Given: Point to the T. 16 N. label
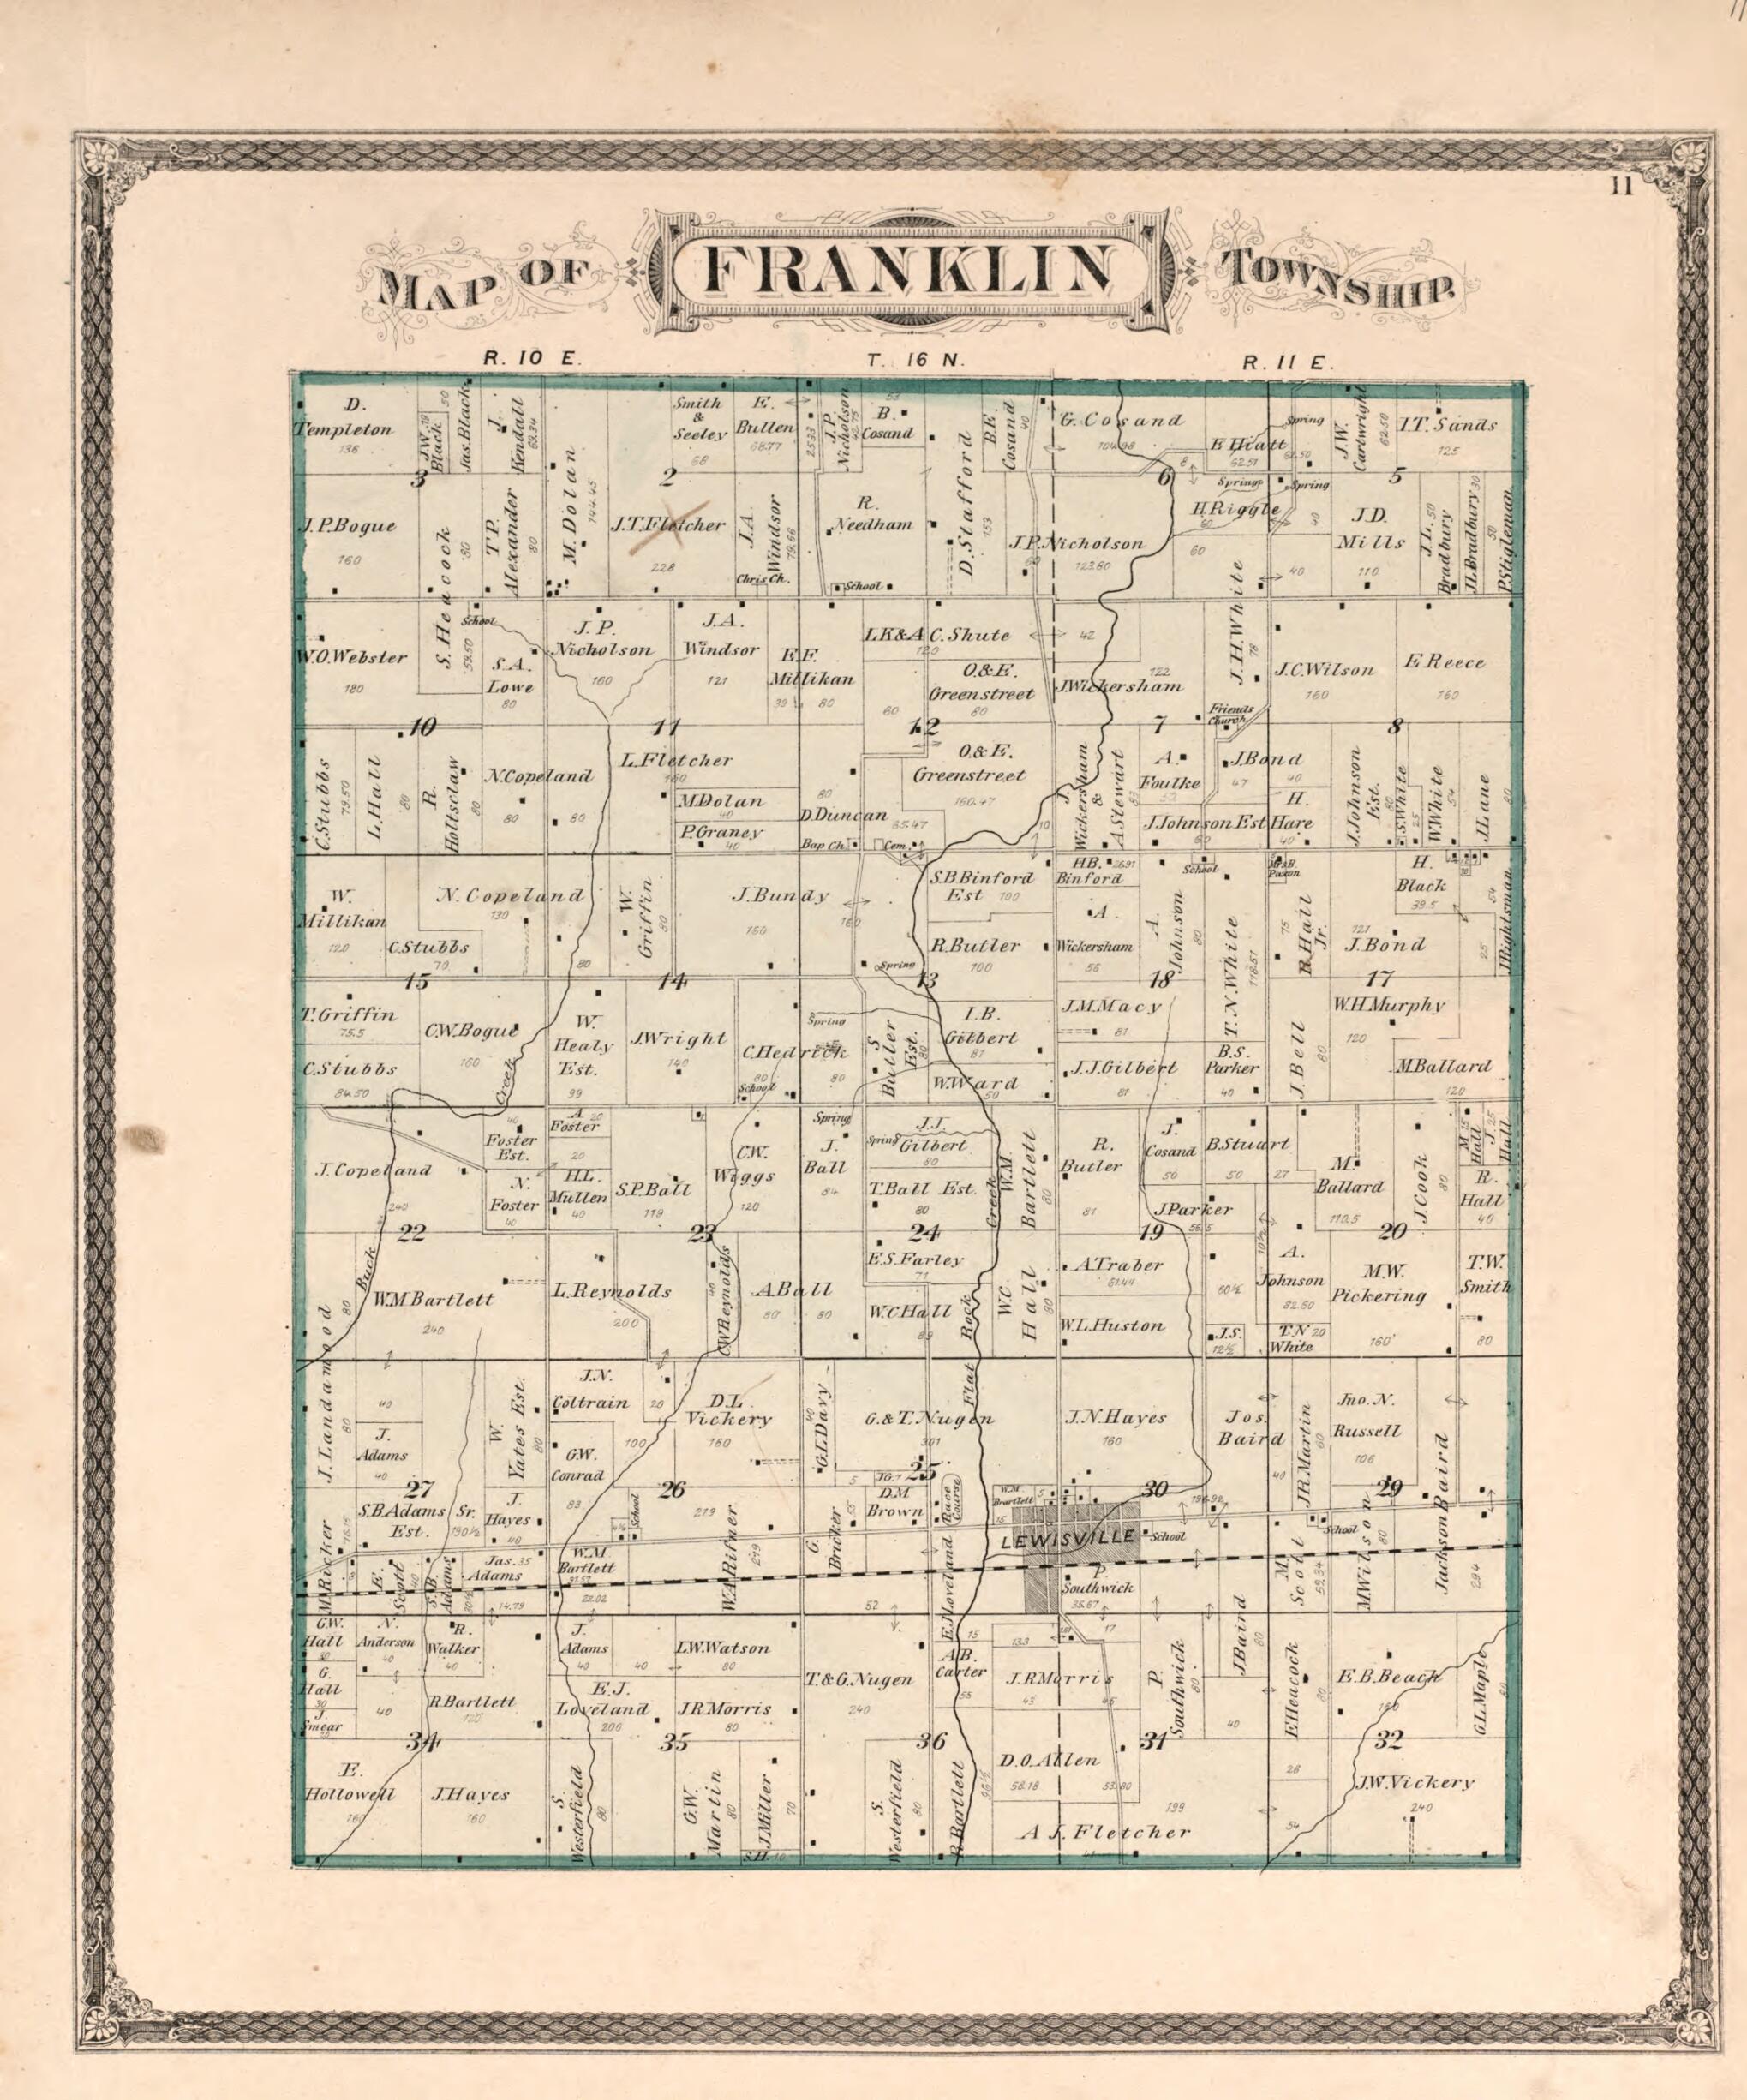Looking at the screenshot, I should pyautogui.click(x=915, y=360).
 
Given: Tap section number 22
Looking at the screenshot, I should pyautogui.click(x=411, y=1233).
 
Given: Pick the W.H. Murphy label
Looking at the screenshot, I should pyautogui.click(x=1388, y=1005).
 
